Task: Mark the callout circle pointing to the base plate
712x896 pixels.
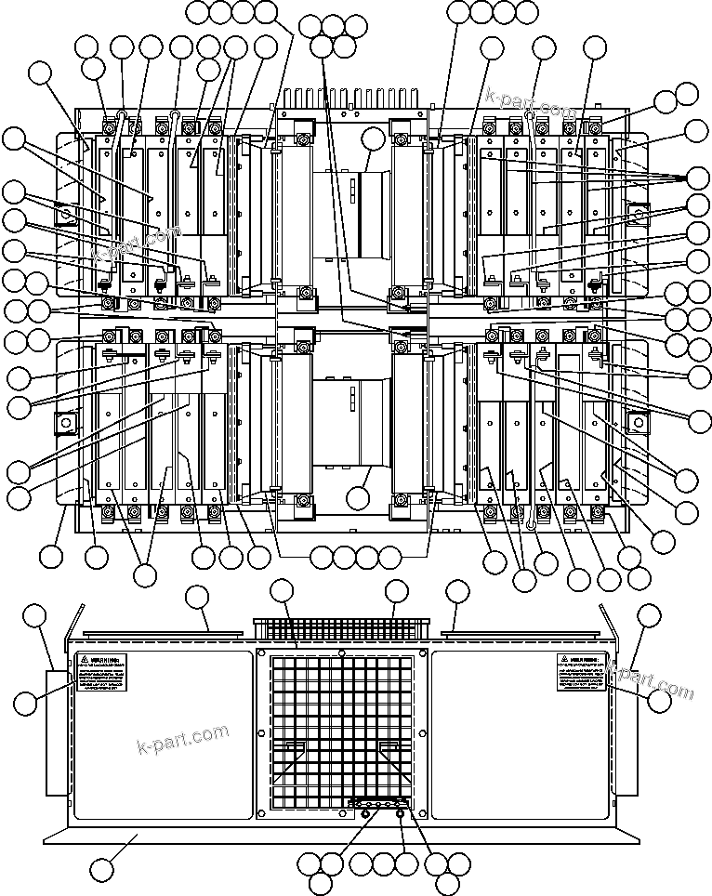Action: [102, 871]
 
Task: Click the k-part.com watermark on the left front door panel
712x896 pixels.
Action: [182, 739]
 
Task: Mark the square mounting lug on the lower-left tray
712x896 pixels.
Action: [66, 423]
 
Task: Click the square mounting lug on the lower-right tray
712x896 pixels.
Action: [639, 423]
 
